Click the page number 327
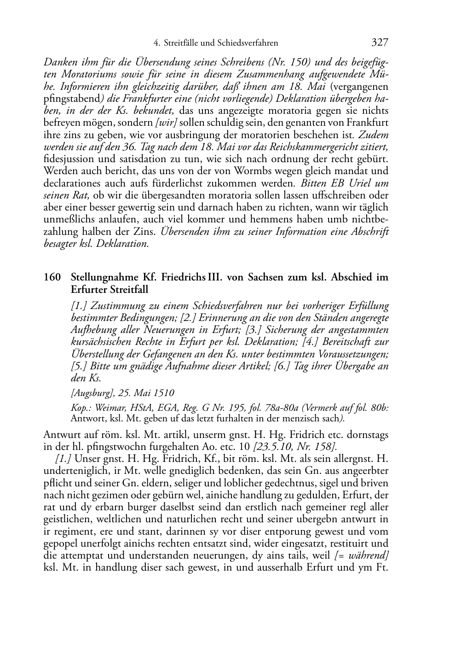click(x=380, y=43)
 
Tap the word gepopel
click(x=59, y=544)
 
